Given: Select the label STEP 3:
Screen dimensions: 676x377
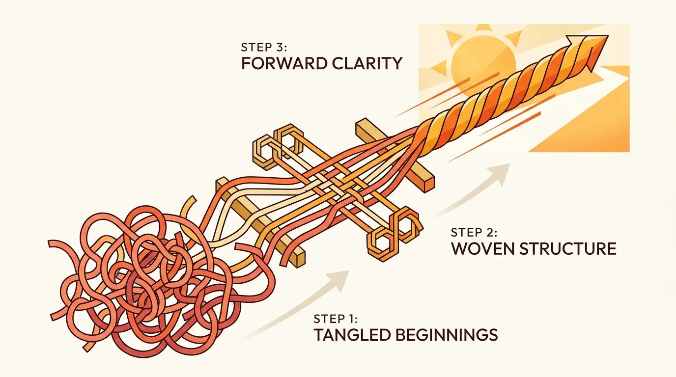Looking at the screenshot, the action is (264, 47).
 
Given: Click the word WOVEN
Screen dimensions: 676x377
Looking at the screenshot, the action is (486, 249).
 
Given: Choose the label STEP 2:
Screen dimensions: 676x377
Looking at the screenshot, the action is (474, 233).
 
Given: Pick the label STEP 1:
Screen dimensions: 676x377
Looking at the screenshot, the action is (336, 319).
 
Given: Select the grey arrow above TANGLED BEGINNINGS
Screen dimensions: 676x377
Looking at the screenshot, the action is (302, 305).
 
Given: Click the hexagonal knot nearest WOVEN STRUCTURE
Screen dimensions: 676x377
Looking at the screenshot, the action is (393, 234).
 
